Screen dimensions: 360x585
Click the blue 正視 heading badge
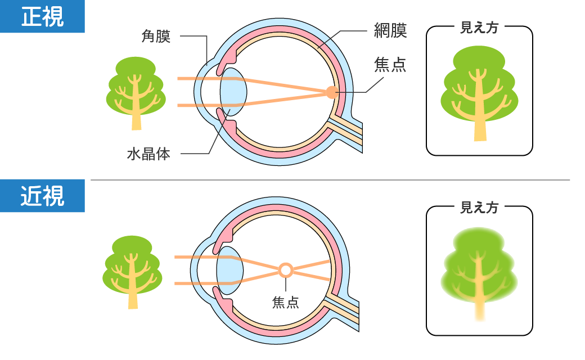click(x=42, y=17)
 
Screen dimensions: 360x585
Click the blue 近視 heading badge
click(x=42, y=196)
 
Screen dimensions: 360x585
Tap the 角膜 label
click(x=156, y=37)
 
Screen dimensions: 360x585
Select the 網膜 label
click(x=390, y=30)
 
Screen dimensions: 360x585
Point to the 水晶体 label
click(x=148, y=154)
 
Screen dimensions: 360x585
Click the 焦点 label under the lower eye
click(x=286, y=303)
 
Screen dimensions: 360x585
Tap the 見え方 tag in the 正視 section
click(x=479, y=28)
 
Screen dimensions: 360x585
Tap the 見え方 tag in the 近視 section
click(x=479, y=207)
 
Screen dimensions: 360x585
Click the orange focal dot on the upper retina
click(x=331, y=92)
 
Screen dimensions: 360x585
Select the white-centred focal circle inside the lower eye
click(x=286, y=271)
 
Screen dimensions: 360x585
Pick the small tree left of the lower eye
click(x=132, y=271)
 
